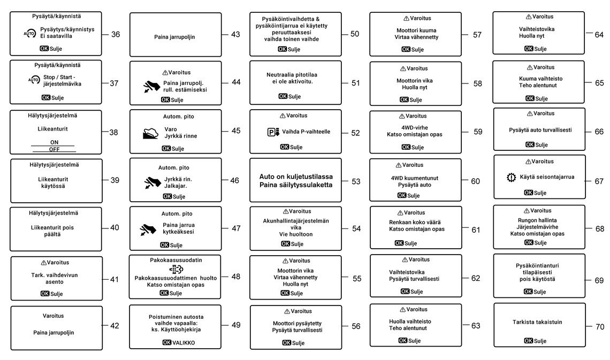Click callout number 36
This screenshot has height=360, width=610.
tap(116, 35)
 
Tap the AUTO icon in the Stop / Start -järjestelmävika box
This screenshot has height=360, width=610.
tap(33, 80)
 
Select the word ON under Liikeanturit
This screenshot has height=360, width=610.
tap(55, 142)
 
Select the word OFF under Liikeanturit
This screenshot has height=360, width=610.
tap(55, 149)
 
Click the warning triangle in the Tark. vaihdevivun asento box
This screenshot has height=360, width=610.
tap(43, 263)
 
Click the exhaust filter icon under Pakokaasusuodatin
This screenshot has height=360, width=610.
tap(176, 269)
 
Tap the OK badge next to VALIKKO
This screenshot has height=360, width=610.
tap(166, 343)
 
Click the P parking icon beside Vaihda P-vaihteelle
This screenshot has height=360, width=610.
tap(273, 132)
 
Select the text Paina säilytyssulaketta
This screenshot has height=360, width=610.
tap(296, 185)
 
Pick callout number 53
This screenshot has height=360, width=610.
tap(356, 181)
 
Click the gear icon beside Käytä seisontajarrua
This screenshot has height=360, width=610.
tap(511, 177)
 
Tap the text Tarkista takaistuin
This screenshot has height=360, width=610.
tap(537, 322)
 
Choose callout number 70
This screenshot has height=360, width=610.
tap(599, 326)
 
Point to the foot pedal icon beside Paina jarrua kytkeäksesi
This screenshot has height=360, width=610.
tap(148, 229)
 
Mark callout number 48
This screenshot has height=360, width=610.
tap(236, 277)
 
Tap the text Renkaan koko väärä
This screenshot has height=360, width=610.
tap(415, 221)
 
